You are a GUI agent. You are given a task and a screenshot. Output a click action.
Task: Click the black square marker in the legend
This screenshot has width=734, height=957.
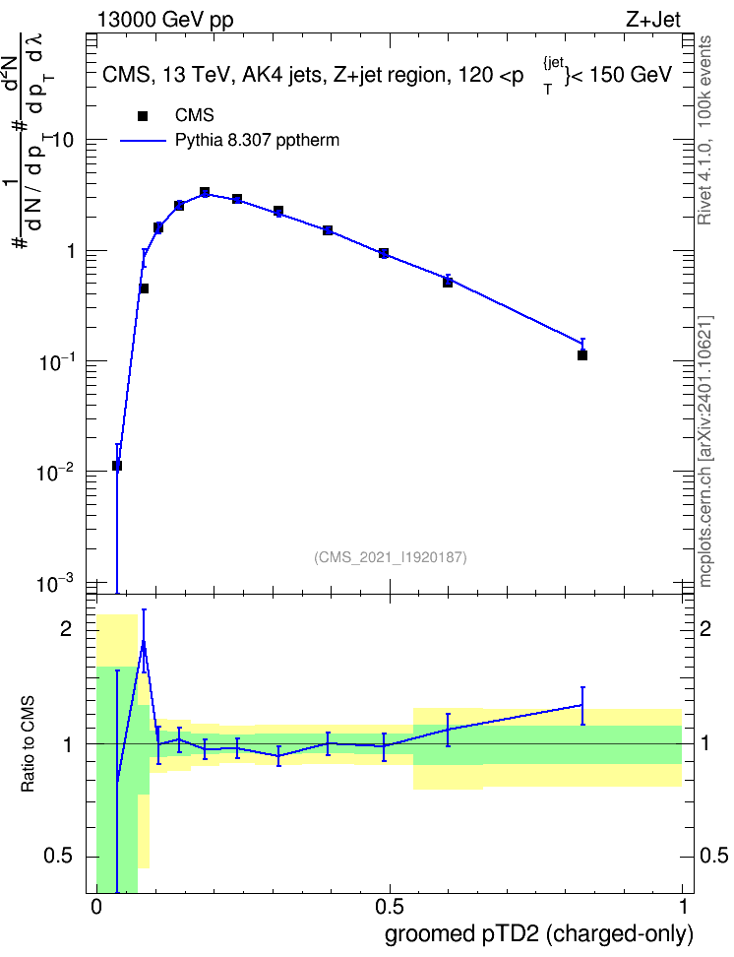tap(143, 116)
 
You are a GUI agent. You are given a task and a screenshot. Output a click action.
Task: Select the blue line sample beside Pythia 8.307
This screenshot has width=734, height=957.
tap(144, 141)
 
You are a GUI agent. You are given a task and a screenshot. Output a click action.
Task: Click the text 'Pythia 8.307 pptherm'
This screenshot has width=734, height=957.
tap(257, 141)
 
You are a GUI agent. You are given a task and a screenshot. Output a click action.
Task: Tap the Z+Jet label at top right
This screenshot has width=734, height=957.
tap(653, 20)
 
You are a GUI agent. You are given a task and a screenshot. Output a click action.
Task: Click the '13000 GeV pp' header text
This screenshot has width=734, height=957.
tap(165, 20)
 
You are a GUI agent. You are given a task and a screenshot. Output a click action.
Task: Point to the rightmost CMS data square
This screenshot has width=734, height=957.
tap(582, 355)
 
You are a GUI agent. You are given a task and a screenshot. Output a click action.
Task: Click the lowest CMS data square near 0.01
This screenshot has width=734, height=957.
tap(117, 466)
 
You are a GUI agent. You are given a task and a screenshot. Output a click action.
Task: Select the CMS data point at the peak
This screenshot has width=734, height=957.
tap(205, 192)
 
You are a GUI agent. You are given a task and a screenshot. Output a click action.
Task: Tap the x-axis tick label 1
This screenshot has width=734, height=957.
tap(683, 907)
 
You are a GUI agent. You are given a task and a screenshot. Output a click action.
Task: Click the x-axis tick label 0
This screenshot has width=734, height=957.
tap(96, 907)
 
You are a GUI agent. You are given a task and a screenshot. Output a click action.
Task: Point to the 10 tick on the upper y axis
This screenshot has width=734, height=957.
tap(62, 141)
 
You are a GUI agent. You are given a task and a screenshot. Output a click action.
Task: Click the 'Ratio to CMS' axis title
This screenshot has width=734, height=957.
tap(28, 744)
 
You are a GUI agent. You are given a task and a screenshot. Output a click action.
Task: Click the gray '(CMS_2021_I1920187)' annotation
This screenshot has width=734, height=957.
tap(391, 557)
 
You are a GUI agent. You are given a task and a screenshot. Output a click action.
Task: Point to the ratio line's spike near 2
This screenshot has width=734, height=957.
tap(144, 642)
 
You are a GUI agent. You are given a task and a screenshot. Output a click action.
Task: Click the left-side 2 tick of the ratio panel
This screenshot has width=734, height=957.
tap(66, 629)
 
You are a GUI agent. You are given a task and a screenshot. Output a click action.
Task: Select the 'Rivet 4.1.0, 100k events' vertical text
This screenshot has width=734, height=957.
tap(704, 130)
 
